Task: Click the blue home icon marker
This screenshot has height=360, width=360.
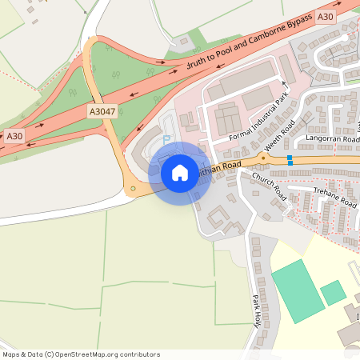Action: click(180, 173)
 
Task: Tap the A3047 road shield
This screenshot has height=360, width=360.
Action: click(103, 112)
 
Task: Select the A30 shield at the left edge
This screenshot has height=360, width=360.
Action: click(14, 136)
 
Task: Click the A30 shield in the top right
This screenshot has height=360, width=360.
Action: click(325, 16)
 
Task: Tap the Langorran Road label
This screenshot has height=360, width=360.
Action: click(330, 138)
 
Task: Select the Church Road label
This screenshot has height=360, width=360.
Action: click(268, 186)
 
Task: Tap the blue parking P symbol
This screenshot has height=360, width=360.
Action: click(166, 139)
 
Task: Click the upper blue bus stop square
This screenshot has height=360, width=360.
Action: click(290, 158)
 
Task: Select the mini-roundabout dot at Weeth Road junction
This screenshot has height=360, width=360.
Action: click(262, 157)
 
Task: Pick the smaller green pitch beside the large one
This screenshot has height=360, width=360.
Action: click(333, 293)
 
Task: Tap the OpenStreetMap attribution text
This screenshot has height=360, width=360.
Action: click(81, 354)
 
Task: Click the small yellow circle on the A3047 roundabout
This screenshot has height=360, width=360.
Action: click(133, 189)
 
